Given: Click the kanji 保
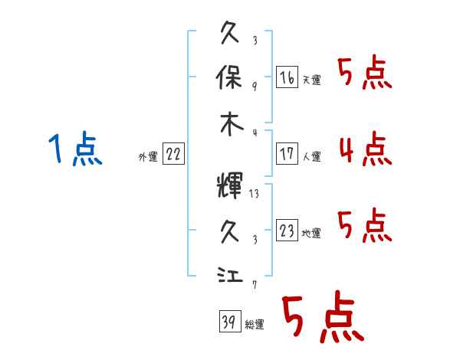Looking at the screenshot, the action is coord(229,77).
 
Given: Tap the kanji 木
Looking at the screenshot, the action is coord(232,124).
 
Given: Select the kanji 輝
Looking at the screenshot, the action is coord(230,185).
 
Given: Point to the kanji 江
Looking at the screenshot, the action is coord(230,274).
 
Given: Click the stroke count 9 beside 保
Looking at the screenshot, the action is coord(255,87).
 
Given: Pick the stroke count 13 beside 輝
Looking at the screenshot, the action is coord(254,194).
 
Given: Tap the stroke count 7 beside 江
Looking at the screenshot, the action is coord(255,284).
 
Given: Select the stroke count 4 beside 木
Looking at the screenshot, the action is coord(255,133).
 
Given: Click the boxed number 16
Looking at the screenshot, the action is coord(287,77).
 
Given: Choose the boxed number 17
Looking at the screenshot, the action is coord(287,153).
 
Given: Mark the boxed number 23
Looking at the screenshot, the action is coord(287,230).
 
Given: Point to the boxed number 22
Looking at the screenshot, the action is coord(173,153).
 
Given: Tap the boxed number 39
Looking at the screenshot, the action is coord(230,321).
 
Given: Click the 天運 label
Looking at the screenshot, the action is coord(312,80).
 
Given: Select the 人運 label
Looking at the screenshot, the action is coord(312,156).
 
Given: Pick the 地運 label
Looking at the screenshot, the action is coord(311,233).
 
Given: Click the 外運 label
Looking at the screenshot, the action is coord(148,156).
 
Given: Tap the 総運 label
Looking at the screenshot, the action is coord(255,324).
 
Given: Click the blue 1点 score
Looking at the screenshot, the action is coord(75,149).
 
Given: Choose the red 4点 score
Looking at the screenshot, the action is coord(366,149).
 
